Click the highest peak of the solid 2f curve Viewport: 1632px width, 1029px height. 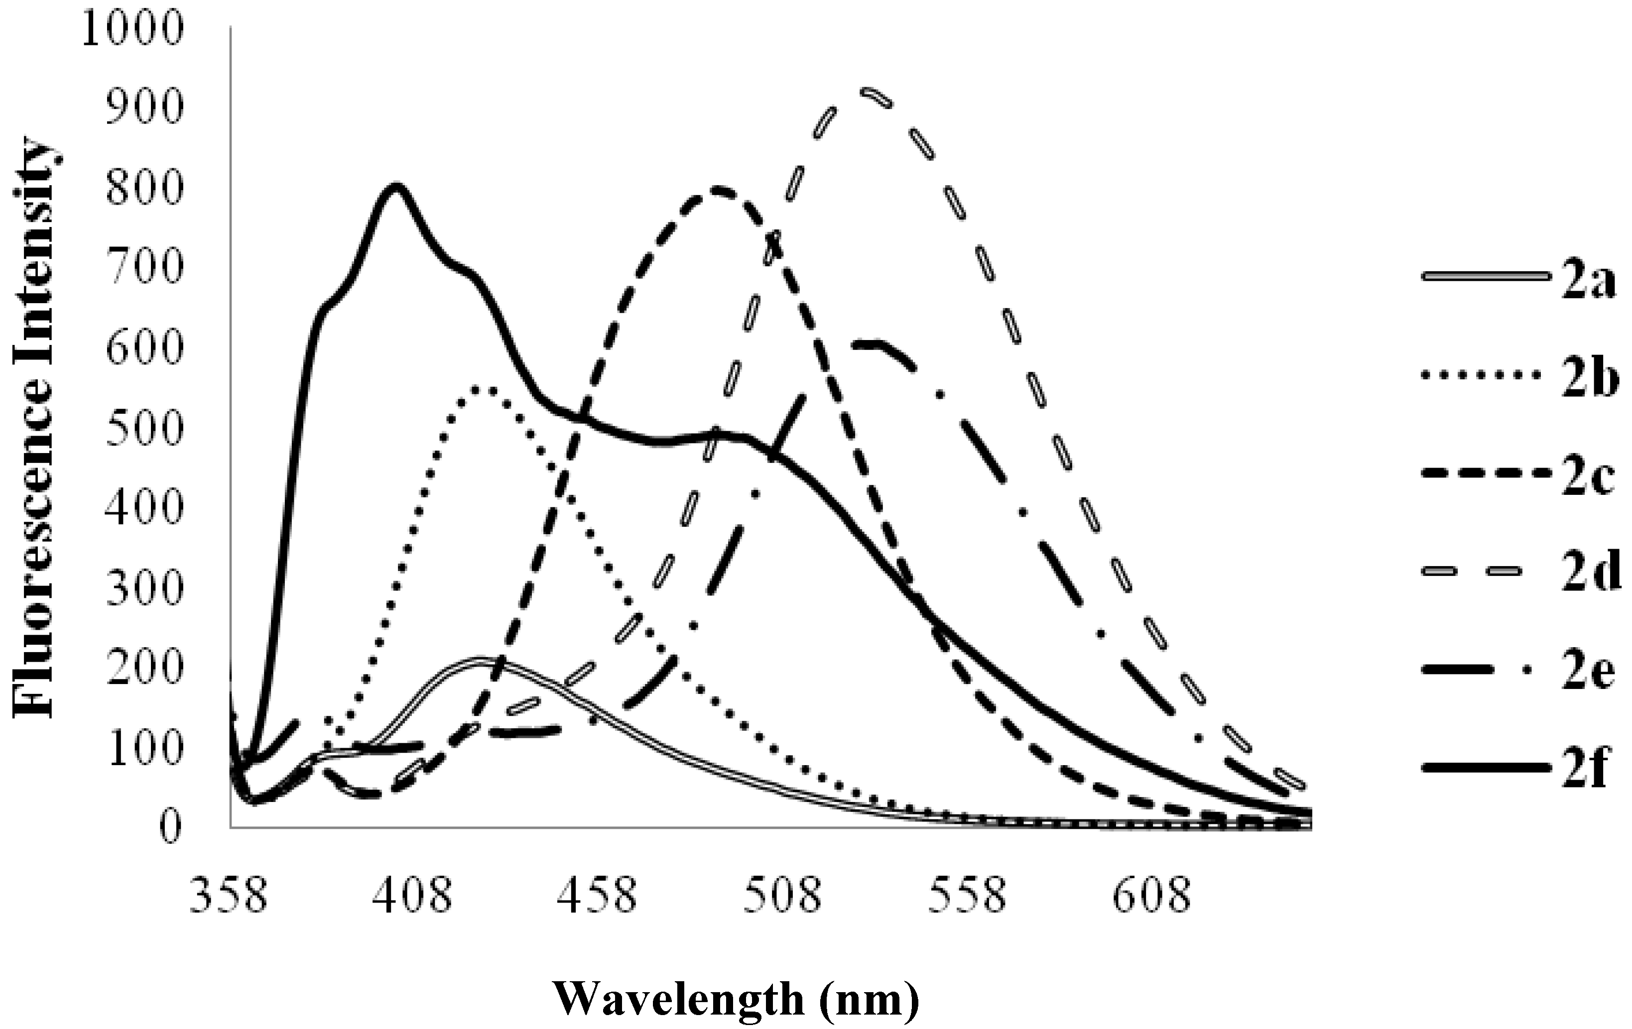coord(396,186)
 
